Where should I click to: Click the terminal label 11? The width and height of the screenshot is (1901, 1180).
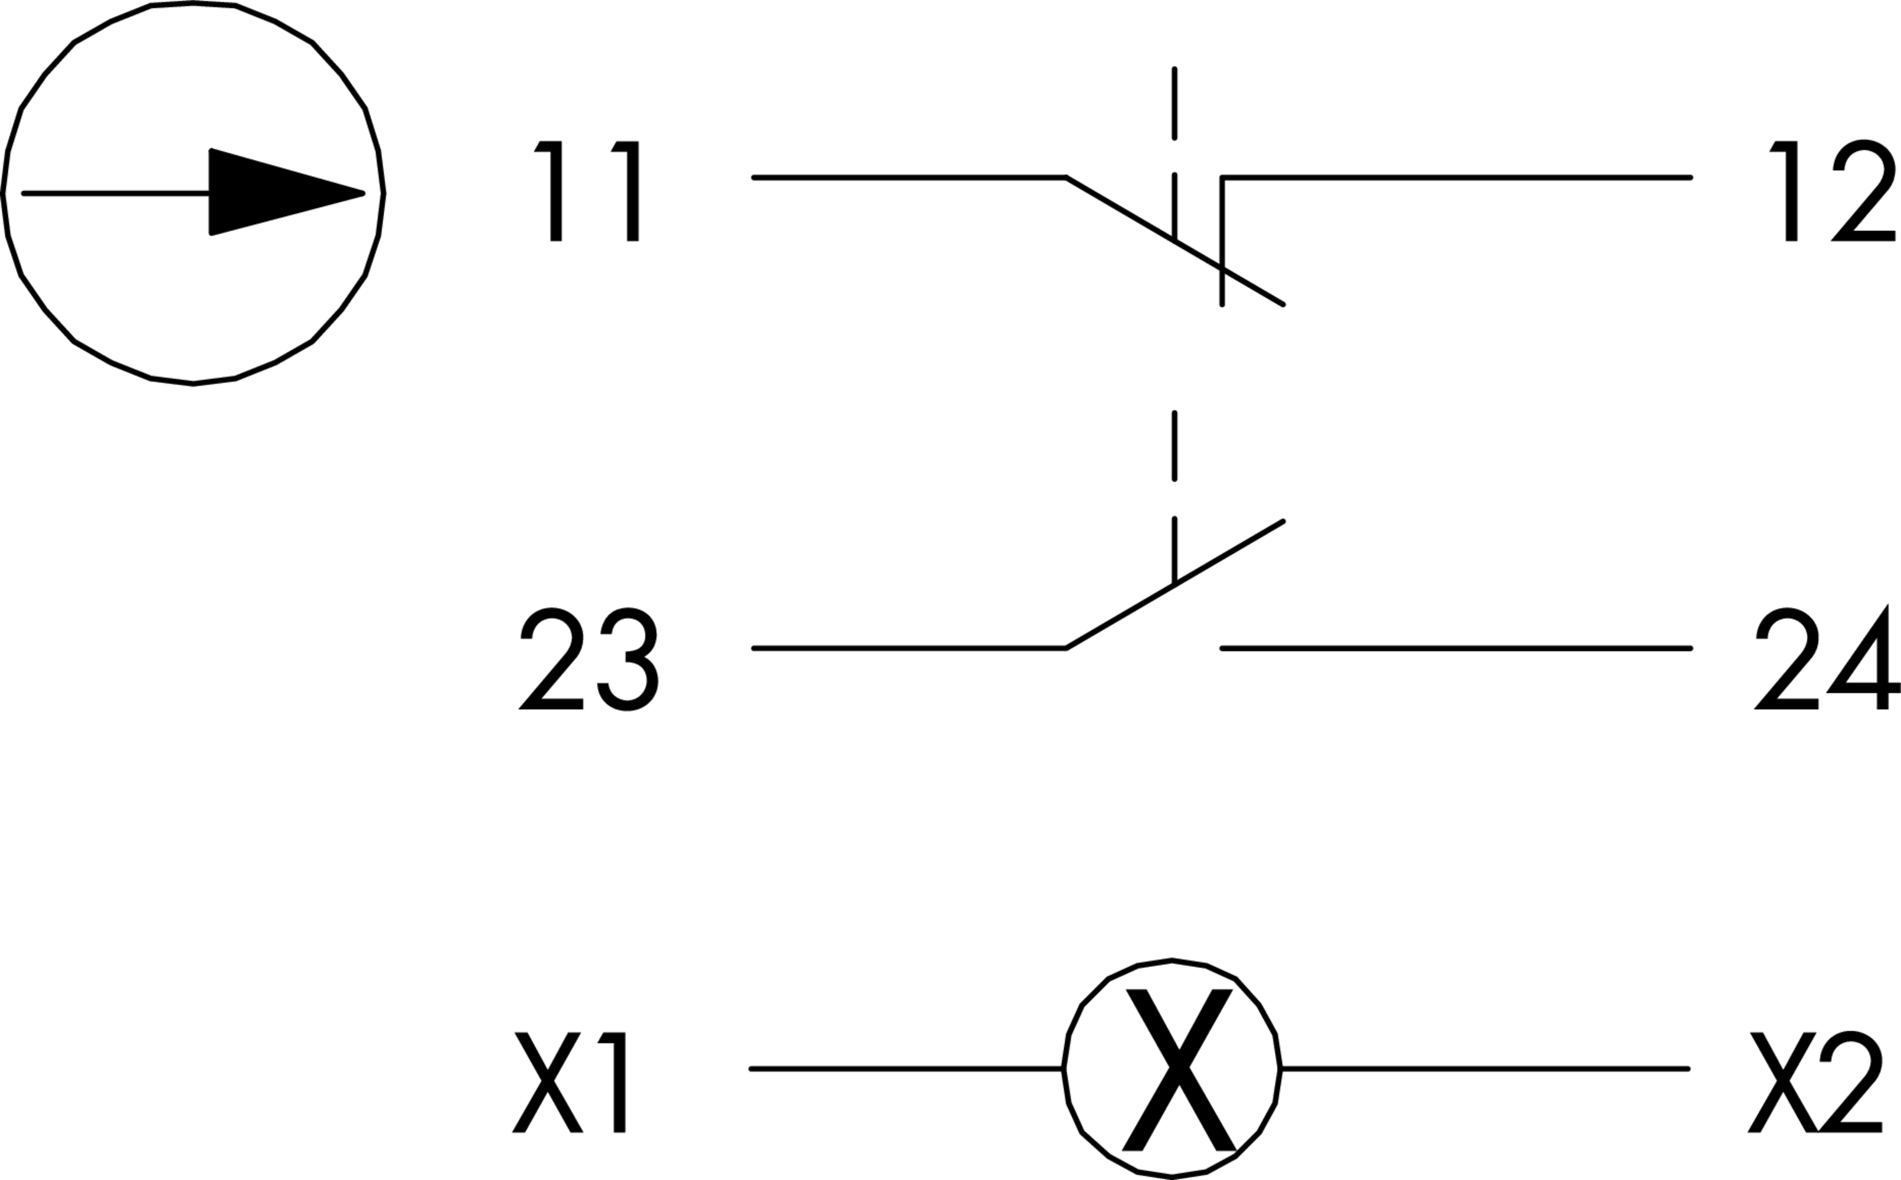coord(587,191)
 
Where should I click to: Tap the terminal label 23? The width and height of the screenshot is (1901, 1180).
coord(588,660)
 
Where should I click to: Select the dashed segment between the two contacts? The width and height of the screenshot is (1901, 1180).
coord(1174,445)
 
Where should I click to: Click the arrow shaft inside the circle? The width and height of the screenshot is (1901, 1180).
coord(117,193)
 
